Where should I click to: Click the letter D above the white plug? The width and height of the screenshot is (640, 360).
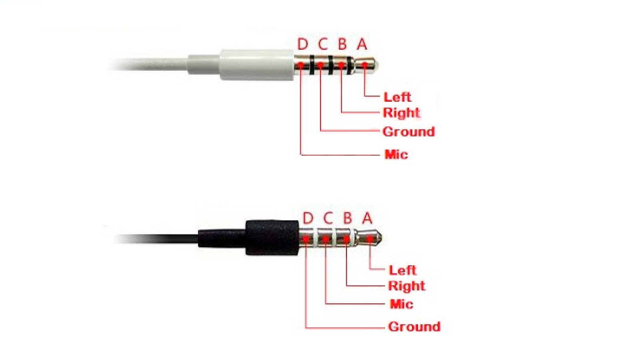coord(303,44)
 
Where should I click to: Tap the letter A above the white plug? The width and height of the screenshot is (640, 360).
coord(362,44)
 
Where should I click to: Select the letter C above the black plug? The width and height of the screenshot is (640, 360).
coord(328,218)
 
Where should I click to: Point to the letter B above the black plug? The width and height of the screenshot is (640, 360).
coord(347,218)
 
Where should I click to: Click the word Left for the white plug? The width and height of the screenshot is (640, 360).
coord(397,97)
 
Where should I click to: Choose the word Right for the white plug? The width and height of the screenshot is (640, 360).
coord(402,113)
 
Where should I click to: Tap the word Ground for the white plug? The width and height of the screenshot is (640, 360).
coord(408,132)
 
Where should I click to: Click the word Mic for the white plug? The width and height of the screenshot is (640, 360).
coord(396,154)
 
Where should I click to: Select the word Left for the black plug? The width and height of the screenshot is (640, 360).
coord(402,270)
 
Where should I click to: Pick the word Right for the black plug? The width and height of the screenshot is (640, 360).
coord(406,286)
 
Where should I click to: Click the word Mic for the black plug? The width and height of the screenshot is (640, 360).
coord(401,304)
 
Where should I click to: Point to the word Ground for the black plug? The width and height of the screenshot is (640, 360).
coord(414,327)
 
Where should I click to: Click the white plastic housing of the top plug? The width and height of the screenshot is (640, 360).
coord(256,65)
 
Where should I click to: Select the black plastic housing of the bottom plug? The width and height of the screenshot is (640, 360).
coord(272,238)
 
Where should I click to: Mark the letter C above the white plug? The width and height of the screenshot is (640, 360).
coord(323,44)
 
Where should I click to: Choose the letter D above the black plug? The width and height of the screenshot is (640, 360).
coord(308,218)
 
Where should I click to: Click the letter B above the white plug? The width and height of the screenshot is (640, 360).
coord(342,44)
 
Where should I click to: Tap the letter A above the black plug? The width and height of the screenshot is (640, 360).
coord(367,218)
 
